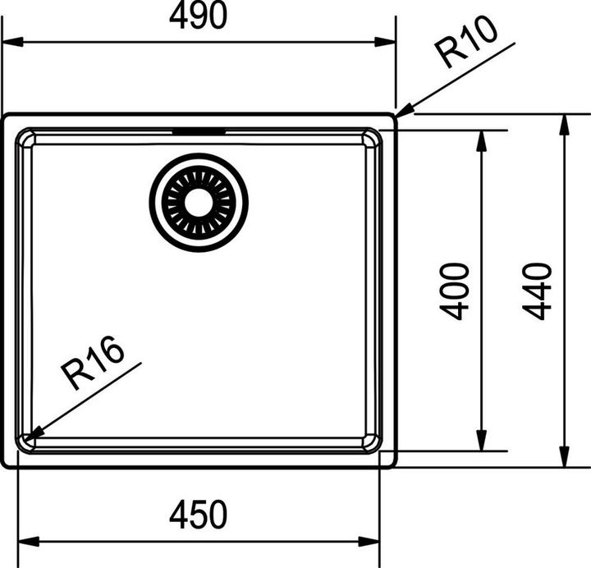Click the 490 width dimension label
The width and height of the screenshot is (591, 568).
199,16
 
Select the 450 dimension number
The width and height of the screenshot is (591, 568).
199,515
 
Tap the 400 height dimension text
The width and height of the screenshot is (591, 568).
455,291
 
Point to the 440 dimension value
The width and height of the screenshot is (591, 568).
538,291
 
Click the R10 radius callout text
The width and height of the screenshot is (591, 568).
466,42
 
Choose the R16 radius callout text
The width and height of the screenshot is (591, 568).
92,363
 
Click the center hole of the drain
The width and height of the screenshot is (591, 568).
199,203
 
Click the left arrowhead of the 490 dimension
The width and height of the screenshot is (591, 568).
13,42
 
